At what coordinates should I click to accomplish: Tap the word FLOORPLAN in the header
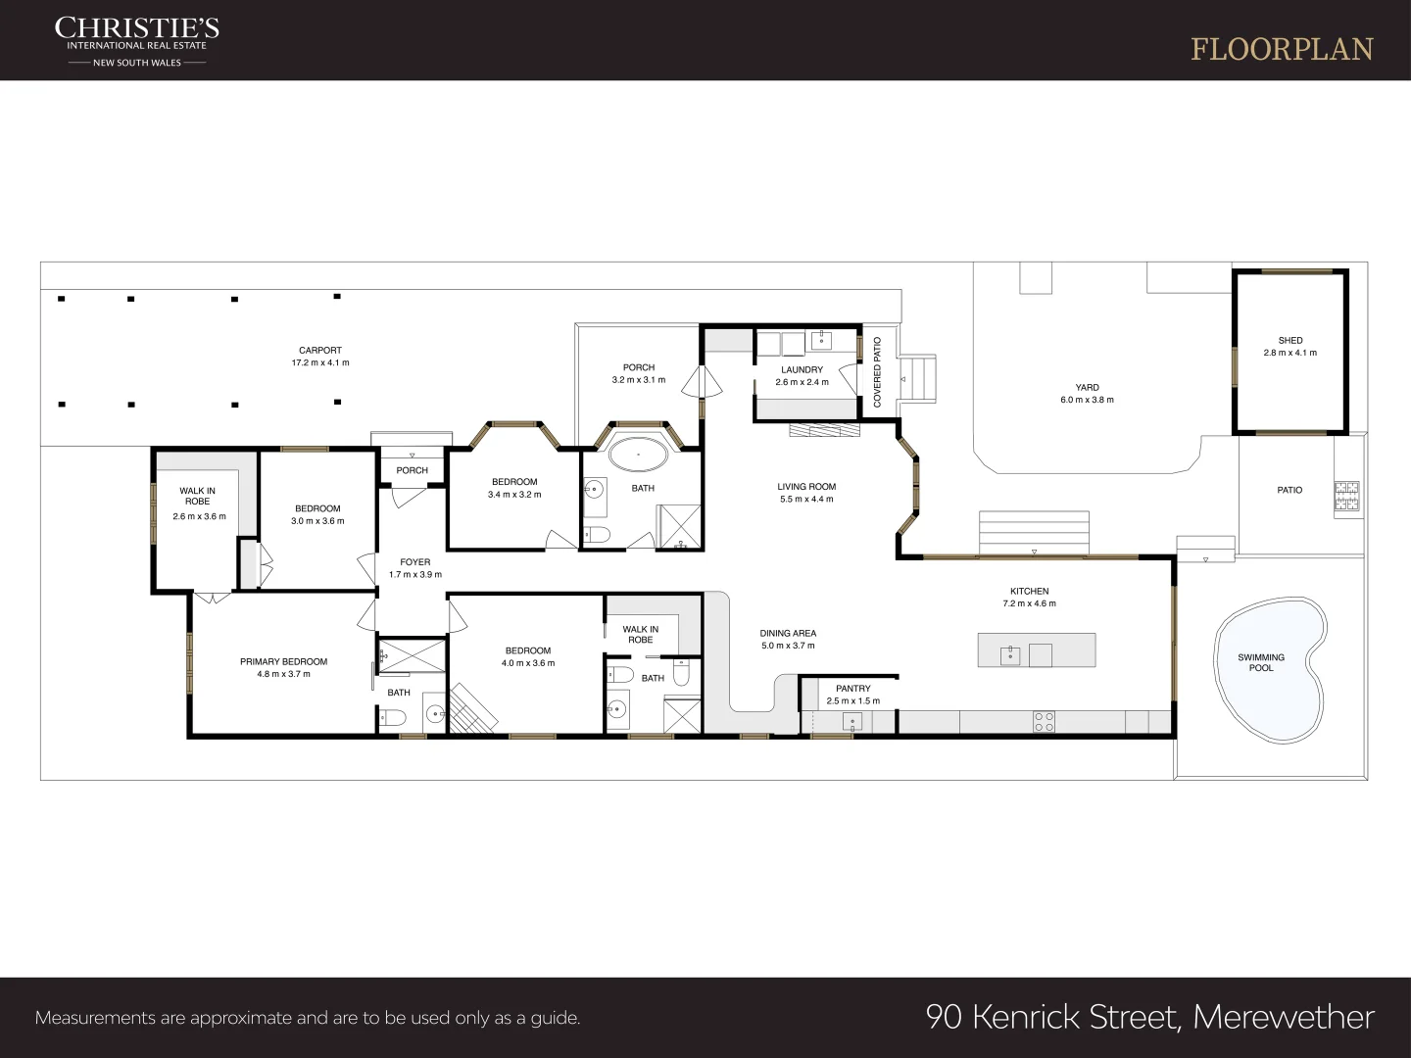[x=1282, y=50]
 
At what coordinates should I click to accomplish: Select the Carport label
[x=320, y=350]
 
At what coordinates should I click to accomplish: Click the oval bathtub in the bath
[x=638, y=455]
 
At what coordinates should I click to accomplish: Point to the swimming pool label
[x=1260, y=662]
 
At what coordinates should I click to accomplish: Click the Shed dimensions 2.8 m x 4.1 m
[x=1290, y=353]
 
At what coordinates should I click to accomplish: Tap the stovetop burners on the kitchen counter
[x=1044, y=722]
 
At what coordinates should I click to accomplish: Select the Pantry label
[x=853, y=689]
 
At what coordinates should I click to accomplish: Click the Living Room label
[x=806, y=486]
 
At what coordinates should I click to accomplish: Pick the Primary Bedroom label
[x=283, y=661]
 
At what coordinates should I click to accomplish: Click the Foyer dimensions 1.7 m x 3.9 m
[x=415, y=574]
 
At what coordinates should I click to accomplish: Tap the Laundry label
[x=802, y=369]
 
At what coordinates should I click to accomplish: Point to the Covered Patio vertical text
[x=877, y=372]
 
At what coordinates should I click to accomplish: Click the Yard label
[x=1087, y=387]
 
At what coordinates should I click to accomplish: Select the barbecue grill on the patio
[x=1347, y=496]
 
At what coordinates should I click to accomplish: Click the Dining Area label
[x=788, y=634]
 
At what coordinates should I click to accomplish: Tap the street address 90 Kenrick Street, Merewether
[x=1149, y=1018]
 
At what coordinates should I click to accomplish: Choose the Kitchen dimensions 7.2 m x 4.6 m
[x=1029, y=603]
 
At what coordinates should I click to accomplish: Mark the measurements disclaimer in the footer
[x=308, y=1018]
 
